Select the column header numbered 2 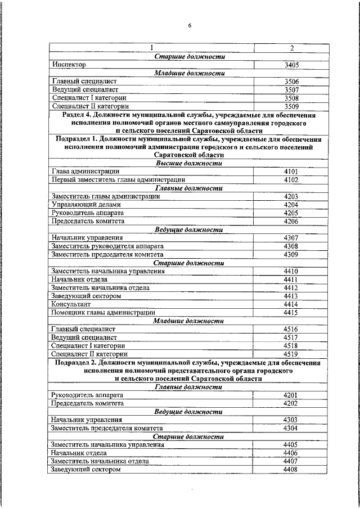pos(291,48)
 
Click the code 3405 pos(291,65)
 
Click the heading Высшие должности pos(189,163)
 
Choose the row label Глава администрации pos(85,172)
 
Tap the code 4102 pos(291,180)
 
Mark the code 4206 pos(291,221)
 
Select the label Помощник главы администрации pos(102,312)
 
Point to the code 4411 pos(291,280)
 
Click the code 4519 pos(291,354)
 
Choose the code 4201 pos(291,395)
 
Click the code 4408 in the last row pos(291,469)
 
